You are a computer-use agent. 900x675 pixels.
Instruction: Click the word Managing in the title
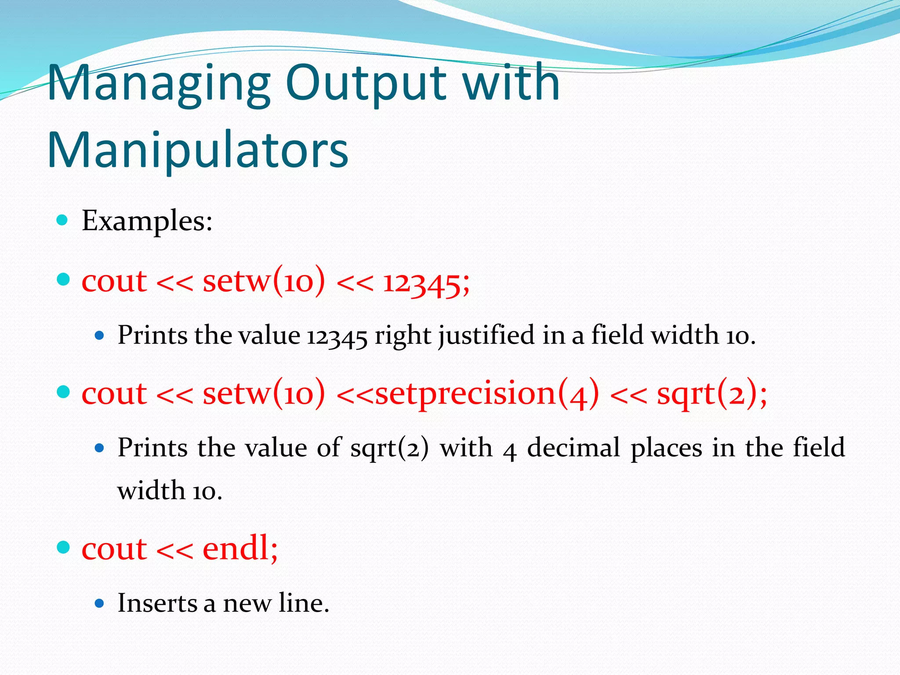tap(158, 83)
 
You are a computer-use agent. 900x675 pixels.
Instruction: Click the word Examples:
tap(147, 221)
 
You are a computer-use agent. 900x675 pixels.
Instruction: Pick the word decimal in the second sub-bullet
tap(573, 448)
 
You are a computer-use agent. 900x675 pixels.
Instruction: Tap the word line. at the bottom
tap(304, 603)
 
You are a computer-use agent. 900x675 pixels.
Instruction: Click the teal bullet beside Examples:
tap(62, 220)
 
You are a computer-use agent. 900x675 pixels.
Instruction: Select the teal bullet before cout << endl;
tap(63, 548)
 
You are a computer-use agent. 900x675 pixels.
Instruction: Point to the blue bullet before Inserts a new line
tap(99, 603)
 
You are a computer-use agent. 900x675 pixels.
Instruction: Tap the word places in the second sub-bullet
tap(666, 448)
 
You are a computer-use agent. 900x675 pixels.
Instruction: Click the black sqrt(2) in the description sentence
tap(389, 448)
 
